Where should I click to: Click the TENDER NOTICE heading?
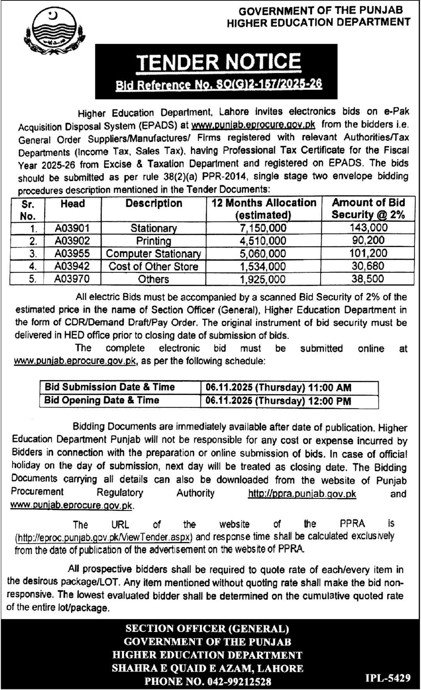[x=218, y=61]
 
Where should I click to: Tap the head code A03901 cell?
[x=72, y=228]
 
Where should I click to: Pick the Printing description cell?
[x=153, y=241]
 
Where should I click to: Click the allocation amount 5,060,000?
[x=263, y=253]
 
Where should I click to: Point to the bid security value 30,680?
[x=367, y=266]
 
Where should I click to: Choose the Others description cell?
[x=153, y=279]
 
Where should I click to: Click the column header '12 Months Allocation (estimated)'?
[x=264, y=209]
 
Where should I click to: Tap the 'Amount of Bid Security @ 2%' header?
[x=368, y=209]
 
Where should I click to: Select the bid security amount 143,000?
[x=368, y=228]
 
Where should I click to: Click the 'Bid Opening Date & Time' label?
[x=102, y=400]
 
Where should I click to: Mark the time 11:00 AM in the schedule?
[x=329, y=388]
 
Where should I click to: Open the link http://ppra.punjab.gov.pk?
[x=302, y=493]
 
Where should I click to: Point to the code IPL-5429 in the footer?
[x=388, y=678]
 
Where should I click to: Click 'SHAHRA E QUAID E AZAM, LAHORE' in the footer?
[x=208, y=668]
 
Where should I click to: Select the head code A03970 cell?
[x=72, y=279]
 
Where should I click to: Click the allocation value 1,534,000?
[x=263, y=266]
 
